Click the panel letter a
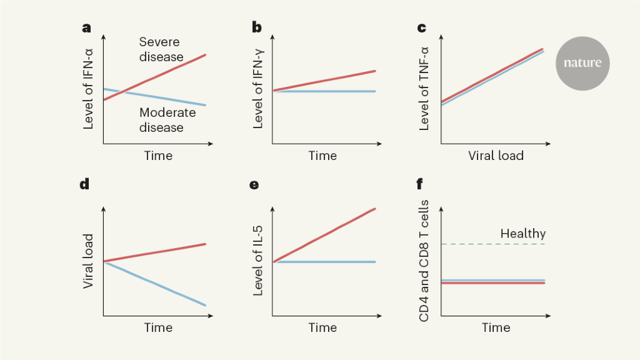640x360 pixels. (86, 28)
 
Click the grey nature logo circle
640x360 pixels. (582, 62)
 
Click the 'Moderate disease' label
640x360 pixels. (167, 120)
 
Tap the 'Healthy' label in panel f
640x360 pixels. (522, 234)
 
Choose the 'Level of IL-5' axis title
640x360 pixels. (257, 261)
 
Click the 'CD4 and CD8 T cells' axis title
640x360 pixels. (424, 261)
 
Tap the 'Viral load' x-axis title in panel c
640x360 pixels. (496, 156)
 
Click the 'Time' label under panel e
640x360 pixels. (322, 327)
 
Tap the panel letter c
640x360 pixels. (421, 28)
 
